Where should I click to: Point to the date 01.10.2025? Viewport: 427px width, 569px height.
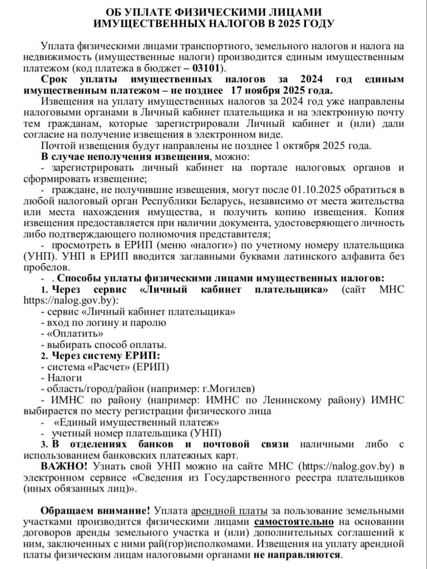coord(317,190)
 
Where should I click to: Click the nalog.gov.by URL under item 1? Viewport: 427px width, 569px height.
coord(71,301)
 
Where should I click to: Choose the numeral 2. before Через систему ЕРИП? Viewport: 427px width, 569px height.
coord(44,356)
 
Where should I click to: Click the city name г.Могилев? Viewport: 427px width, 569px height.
coord(227,389)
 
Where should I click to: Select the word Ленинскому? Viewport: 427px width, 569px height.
coord(288,400)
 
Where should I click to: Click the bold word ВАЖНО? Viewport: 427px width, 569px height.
coord(64,466)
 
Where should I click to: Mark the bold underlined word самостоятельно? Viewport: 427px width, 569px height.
coord(294,521)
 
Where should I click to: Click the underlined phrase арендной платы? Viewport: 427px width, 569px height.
coord(229,510)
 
